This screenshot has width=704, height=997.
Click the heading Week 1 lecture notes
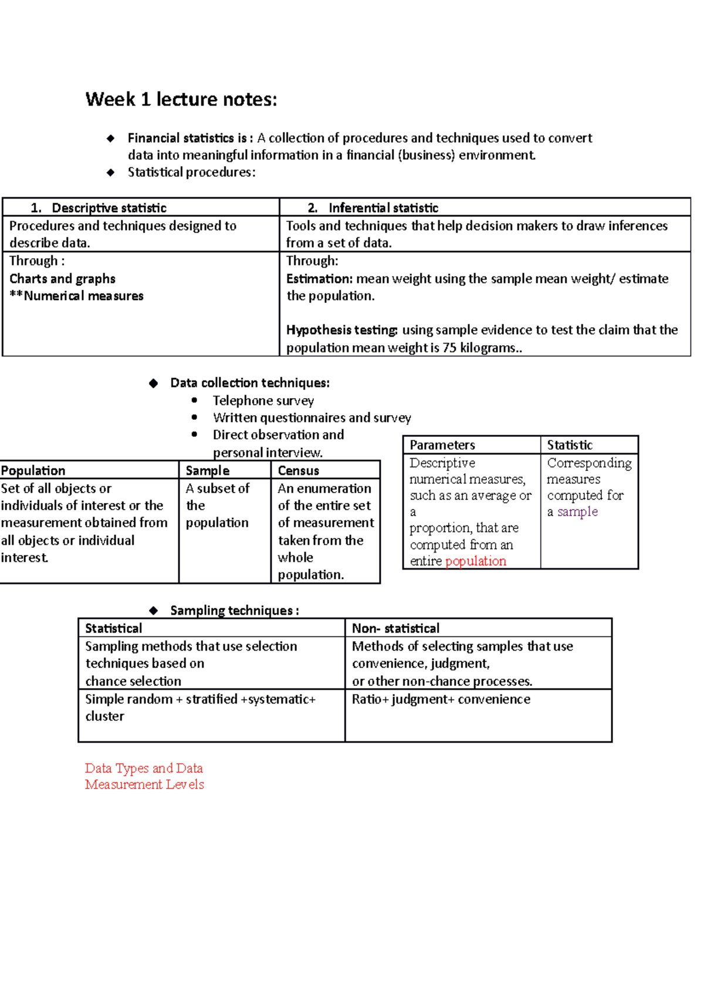coord(181,100)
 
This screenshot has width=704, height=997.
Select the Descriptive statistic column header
coord(109,208)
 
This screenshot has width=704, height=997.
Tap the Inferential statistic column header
coord(383,208)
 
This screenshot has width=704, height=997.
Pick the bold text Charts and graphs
coord(62,279)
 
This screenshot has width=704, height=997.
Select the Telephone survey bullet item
coord(263,401)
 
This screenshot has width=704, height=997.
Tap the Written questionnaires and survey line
coord(312,418)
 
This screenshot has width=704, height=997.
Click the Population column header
coord(33,471)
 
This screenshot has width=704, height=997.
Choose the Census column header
coord(298,471)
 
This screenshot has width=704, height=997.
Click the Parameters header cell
coord(442,445)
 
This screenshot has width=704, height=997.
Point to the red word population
coord(475,561)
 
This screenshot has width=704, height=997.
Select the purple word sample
coord(577,512)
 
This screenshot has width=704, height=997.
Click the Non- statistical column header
coord(395,629)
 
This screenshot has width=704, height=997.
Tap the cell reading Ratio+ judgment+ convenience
coord(441,699)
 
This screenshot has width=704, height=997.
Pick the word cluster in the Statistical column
coord(104,716)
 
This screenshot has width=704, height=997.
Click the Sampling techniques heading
coord(234,611)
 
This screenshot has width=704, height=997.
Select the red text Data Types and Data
coord(144,768)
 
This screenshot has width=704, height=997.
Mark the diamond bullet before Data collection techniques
coord(154,383)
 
